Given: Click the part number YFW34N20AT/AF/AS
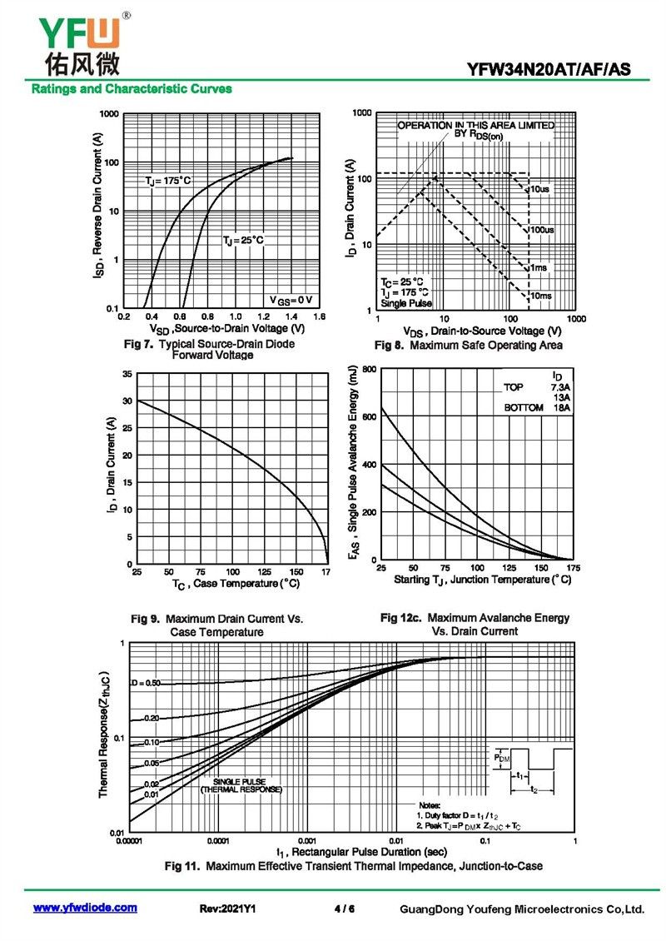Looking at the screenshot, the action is [549, 70].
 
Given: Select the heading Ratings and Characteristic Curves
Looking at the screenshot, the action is [132, 89].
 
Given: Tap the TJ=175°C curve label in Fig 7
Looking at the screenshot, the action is [168, 181].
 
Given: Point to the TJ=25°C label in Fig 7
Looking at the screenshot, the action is [243, 241].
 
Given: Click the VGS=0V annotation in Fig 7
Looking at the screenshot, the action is [291, 300].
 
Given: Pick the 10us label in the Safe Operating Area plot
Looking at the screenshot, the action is [539, 189].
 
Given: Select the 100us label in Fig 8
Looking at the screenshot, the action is [543, 230].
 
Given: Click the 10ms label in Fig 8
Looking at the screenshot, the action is [540, 296].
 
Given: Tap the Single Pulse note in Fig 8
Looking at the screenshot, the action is [406, 303].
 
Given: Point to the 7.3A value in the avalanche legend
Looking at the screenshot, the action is [560, 388].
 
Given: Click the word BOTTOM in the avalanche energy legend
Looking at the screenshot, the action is [523, 408].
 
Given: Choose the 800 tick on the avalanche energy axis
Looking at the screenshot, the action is [370, 369].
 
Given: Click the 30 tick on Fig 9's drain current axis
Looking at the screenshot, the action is [127, 401].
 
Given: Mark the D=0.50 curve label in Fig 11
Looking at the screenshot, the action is [146, 683].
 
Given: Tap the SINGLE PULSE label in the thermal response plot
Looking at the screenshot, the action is [240, 781].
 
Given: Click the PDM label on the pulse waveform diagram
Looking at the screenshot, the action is [502, 758].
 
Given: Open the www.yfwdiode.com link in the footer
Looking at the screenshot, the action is [85, 908].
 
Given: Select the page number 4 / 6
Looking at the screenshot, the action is [345, 909].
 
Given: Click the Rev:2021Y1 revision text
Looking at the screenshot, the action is [227, 909].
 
